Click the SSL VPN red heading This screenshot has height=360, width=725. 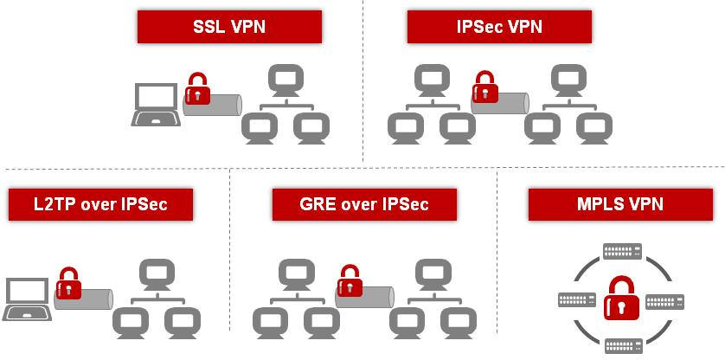[x=229, y=27]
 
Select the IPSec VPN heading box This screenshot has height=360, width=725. [x=499, y=27]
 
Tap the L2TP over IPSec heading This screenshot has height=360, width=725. [x=100, y=205]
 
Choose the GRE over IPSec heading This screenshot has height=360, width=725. [x=364, y=205]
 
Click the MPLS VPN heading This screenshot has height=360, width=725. [x=620, y=205]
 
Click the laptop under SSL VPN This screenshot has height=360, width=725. [x=156, y=105]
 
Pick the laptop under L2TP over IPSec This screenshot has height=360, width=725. [x=28, y=299]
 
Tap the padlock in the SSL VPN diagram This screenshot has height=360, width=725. [x=198, y=88]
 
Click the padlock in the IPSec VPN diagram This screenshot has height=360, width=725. [x=484, y=87]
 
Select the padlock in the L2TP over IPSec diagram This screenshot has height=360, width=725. [x=68, y=282]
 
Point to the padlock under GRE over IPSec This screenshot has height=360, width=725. [x=350, y=280]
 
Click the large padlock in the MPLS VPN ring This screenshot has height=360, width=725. [x=621, y=298]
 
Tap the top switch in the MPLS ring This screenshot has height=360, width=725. [x=622, y=251]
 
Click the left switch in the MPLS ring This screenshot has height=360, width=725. [x=577, y=301]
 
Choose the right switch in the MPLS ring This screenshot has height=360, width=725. [x=664, y=302]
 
